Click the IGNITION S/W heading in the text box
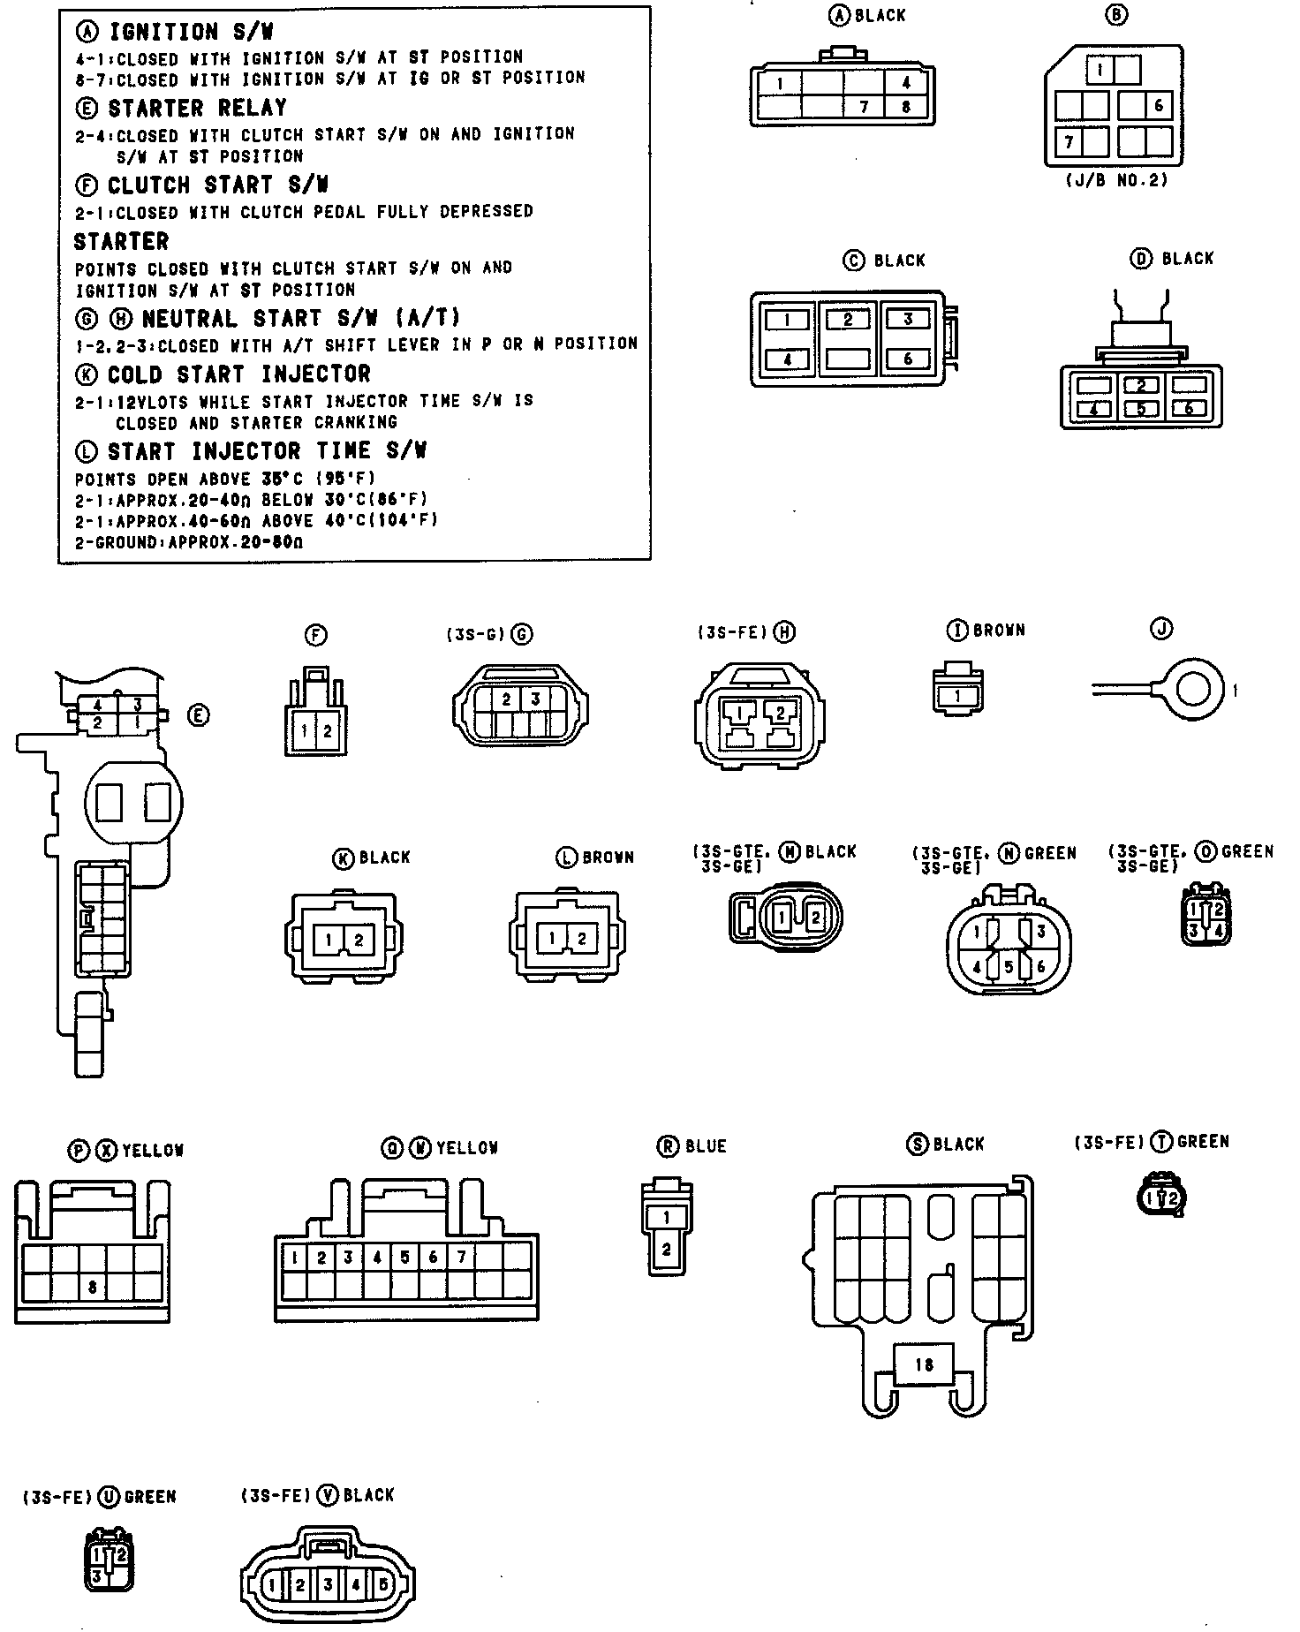(189, 33)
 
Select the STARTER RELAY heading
(196, 109)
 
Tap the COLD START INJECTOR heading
(238, 374)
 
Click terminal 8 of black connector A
(906, 107)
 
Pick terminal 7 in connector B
(1069, 142)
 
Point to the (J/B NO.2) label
(1117, 180)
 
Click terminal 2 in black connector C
(847, 320)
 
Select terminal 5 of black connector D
(1140, 409)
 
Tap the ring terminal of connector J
(1193, 690)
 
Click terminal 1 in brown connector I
(958, 696)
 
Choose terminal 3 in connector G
(534, 699)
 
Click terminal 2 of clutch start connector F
(328, 730)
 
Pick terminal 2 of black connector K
(359, 940)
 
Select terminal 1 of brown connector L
(552, 939)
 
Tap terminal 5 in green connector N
(1008, 967)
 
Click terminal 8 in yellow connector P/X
(93, 1288)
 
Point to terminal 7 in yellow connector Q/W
(461, 1257)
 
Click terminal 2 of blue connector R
(666, 1250)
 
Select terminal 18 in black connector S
(924, 1364)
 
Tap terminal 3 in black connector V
(328, 1585)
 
